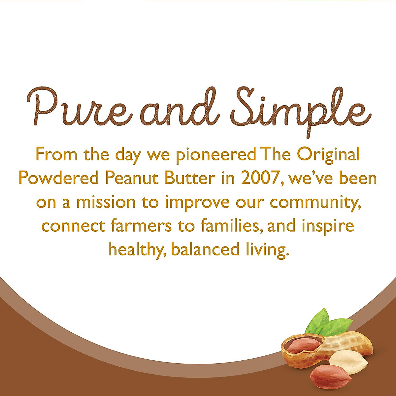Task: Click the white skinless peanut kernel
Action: [x=348, y=362]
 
